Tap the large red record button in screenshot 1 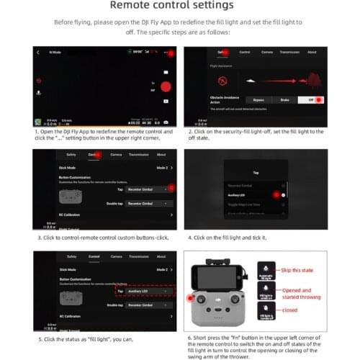tap(164, 86)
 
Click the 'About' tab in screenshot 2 tap(312, 53)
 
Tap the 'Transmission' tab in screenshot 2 tap(288, 53)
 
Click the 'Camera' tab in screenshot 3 tap(116, 155)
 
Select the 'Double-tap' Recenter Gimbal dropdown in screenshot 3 tap(148, 204)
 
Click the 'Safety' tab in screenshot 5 tap(71, 256)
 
